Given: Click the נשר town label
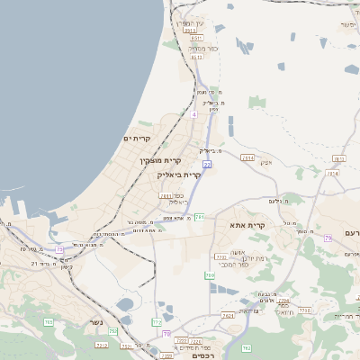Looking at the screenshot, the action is pos(94,322).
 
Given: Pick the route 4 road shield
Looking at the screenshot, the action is pos(193,114).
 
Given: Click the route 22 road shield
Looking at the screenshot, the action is pos(207,165).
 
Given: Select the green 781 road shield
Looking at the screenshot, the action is pos(200,217).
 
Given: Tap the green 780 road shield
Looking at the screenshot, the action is pos(210,275).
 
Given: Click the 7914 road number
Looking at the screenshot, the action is pos(247,157).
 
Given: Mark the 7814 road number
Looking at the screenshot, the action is pos(333,173).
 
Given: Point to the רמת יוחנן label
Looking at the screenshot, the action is pos(249,258).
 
